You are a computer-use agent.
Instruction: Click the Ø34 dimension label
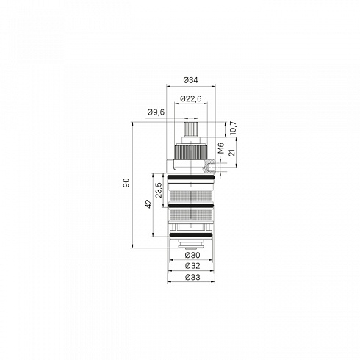(190, 80)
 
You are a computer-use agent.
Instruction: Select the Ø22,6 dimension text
(191, 98)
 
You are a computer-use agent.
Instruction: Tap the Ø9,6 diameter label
(156, 112)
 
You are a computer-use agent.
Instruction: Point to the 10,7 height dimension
(232, 128)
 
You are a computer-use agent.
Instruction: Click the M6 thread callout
(221, 148)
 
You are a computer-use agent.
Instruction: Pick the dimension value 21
(231, 152)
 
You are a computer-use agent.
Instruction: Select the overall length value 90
(126, 183)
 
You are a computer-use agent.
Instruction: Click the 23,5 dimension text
(159, 190)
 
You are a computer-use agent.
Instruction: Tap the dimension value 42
(148, 204)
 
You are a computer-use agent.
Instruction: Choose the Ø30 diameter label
(192, 255)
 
